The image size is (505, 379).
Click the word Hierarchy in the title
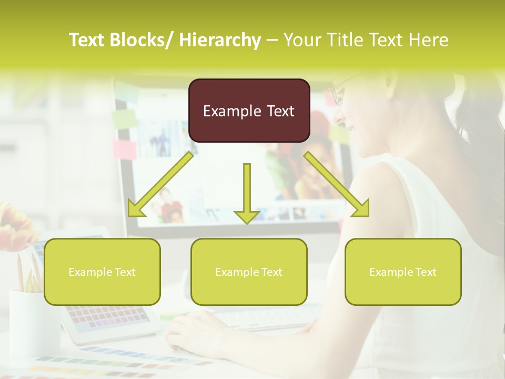[219, 40]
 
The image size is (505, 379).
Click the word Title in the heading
[348, 40]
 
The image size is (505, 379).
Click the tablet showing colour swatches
[110, 318]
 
